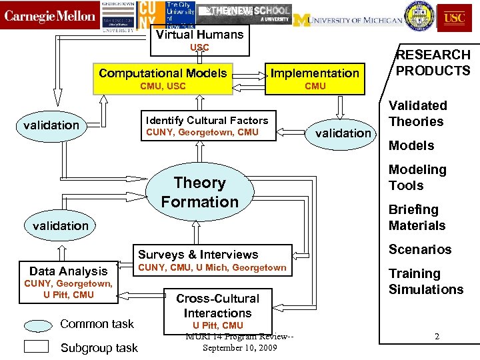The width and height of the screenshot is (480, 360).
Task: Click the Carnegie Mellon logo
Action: tap(50, 16)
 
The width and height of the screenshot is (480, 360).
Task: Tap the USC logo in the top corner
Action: tap(455, 16)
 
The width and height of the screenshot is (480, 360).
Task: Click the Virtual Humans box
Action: tap(199, 35)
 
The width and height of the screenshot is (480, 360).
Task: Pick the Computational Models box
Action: tap(163, 73)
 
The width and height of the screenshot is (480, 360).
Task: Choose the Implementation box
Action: tap(315, 73)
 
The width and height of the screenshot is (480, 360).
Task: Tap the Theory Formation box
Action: tap(199, 192)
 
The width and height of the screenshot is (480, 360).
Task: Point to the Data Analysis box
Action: tap(68, 271)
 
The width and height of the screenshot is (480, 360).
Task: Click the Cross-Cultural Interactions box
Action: tap(217, 305)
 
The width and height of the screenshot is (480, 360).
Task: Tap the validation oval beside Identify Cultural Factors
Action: tap(51, 125)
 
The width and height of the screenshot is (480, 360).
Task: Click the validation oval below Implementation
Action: tap(343, 133)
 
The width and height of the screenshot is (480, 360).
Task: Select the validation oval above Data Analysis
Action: tap(60, 225)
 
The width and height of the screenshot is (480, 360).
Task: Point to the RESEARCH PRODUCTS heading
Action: tap(433, 63)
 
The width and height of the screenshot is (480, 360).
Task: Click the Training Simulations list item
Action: tap(425, 281)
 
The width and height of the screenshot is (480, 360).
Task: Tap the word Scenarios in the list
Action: tap(420, 249)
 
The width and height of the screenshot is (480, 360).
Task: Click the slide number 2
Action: tap(437, 337)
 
